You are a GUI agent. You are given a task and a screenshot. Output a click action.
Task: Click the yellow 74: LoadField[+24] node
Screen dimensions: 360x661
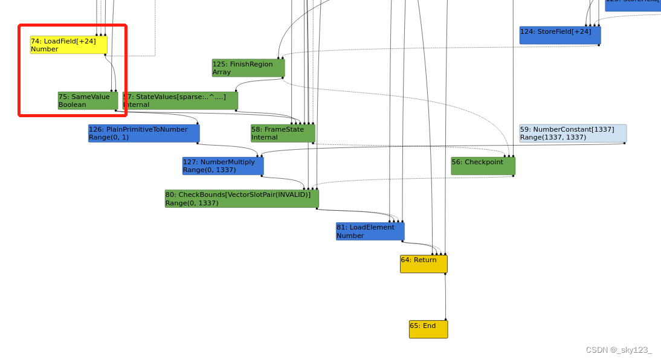tap(68, 45)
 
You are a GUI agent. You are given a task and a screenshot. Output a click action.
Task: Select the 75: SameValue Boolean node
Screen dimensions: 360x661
tap(88, 100)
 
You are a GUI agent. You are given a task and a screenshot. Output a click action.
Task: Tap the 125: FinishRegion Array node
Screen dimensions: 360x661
tap(248, 68)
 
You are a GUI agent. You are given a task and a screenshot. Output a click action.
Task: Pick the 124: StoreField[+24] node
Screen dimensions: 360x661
tap(559, 35)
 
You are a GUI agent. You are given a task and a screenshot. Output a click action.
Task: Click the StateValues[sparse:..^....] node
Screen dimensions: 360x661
tap(180, 100)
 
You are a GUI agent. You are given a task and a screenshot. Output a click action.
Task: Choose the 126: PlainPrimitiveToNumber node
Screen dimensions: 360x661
tap(143, 133)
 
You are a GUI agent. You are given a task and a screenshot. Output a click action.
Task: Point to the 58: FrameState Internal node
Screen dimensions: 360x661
tap(283, 133)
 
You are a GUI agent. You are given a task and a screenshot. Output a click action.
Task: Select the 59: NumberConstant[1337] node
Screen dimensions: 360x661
tap(572, 133)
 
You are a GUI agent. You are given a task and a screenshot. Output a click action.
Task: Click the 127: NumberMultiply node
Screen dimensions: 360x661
tap(222, 166)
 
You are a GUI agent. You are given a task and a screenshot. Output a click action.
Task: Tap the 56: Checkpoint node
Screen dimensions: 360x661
tap(483, 166)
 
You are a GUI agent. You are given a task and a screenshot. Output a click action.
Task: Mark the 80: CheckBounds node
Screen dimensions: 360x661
tap(241, 198)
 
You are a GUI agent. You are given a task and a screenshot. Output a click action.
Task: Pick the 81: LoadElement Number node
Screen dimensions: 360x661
tap(370, 231)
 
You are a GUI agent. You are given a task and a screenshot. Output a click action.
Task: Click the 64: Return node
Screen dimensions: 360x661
tap(424, 263)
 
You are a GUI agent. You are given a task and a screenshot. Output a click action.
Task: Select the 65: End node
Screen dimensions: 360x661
tap(428, 329)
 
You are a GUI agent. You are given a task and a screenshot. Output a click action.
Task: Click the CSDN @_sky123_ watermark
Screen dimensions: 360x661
tap(618, 350)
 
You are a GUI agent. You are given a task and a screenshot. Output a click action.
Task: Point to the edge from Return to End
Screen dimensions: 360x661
tap(445, 296)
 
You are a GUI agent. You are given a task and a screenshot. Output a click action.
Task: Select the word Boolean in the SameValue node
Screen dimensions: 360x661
tap(72, 104)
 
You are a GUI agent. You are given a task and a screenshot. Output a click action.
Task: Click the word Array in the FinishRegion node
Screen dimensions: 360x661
tap(222, 72)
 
